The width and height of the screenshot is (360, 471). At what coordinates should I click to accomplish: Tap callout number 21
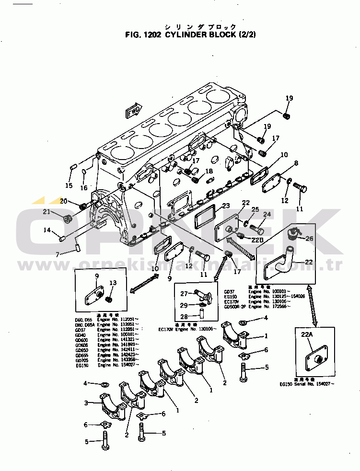point(46,212)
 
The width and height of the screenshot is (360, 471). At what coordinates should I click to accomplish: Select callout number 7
point(58,254)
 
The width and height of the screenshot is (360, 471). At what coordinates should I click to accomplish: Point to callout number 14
point(47,230)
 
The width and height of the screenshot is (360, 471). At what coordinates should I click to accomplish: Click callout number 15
point(69,185)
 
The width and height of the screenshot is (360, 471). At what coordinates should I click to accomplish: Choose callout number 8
point(296,163)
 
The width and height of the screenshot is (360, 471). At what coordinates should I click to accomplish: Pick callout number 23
point(226,206)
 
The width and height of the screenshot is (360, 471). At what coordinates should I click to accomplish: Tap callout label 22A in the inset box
point(307,335)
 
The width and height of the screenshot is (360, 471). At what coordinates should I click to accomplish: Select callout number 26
point(309,238)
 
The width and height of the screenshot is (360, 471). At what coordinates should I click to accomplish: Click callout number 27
point(184,293)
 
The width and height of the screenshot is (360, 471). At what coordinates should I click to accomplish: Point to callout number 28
point(184,317)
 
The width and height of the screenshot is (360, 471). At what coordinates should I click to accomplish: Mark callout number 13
point(113,283)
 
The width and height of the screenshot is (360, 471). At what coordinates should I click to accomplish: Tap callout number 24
point(267,214)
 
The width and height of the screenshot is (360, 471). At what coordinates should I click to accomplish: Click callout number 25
point(255,209)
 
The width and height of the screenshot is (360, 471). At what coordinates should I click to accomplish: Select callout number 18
point(209,171)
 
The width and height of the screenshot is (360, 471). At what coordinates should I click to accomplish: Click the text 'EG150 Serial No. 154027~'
point(307,384)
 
